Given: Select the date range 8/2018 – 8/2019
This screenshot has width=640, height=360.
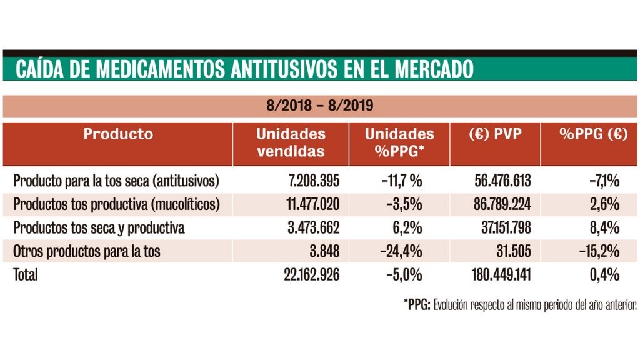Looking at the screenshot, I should (x=320, y=106).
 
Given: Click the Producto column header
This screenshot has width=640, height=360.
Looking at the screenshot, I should (x=118, y=134).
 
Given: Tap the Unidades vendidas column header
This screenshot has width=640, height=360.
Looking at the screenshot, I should (x=291, y=142).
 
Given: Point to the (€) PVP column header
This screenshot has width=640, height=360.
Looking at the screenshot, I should (x=495, y=134).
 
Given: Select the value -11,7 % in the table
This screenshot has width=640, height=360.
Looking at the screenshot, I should (x=401, y=181).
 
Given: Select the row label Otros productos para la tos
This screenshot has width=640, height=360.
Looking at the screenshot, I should (x=87, y=252).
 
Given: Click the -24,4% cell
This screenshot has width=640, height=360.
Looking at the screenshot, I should (x=401, y=252).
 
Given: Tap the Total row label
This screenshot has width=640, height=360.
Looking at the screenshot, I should (x=26, y=275).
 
